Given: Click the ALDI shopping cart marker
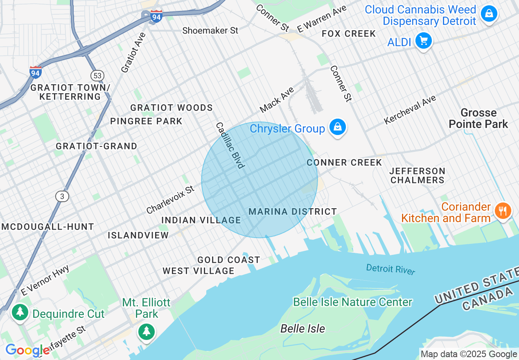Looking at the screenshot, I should [x=423, y=41].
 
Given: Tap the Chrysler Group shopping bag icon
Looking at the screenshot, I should [x=337, y=128].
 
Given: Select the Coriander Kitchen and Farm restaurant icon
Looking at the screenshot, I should [x=503, y=211].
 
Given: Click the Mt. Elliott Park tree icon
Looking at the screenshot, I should [x=146, y=331].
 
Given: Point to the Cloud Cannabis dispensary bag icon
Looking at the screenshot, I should [x=489, y=13].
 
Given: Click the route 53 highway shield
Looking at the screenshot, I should [x=97, y=76].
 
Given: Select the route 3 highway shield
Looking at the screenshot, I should [x=62, y=197].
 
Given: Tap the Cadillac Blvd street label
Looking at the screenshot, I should [x=230, y=145].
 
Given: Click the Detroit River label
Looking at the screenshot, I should [x=390, y=269].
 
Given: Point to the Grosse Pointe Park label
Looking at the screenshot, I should [x=478, y=118].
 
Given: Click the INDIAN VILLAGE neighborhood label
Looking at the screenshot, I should [x=201, y=220].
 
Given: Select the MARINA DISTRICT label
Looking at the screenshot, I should [x=293, y=211].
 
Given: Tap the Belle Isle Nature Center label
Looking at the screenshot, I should [x=352, y=302].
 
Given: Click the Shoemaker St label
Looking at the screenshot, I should [x=210, y=31].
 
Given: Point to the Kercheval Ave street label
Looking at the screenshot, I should [x=410, y=110].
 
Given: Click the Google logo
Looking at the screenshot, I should [x=27, y=351].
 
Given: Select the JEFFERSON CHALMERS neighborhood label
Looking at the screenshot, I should [x=417, y=175].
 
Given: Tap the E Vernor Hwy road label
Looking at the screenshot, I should [x=45, y=280].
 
